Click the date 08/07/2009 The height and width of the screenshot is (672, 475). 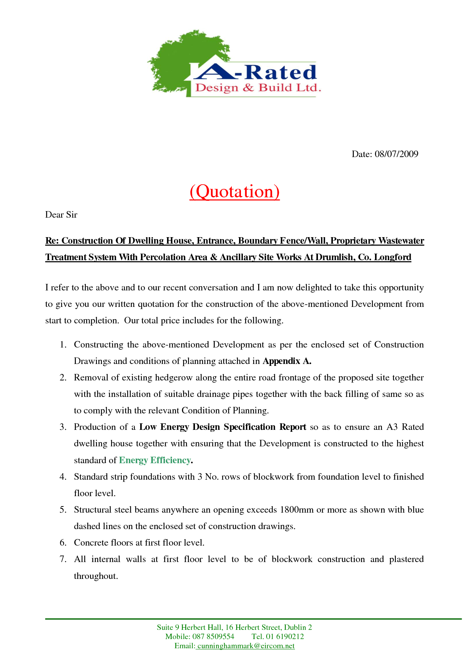pyautogui.click(x=396, y=154)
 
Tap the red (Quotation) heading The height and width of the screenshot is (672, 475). pyautogui.click(x=234, y=191)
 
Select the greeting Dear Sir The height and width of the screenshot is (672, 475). pyautogui.click(x=61, y=215)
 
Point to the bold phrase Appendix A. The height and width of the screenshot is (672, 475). pyautogui.click(x=287, y=361)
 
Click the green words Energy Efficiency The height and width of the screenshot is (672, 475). pyautogui.click(x=155, y=460)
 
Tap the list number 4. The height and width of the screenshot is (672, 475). pyautogui.click(x=63, y=477)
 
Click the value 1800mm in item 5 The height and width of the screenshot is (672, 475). pyautogui.click(x=296, y=510)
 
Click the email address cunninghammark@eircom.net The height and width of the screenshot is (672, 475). pyautogui.click(x=246, y=646)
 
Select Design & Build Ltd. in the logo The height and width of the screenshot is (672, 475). pyautogui.click(x=257, y=88)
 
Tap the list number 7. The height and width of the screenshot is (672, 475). pyautogui.click(x=63, y=559)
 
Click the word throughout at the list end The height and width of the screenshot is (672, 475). pyautogui.click(x=96, y=576)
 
